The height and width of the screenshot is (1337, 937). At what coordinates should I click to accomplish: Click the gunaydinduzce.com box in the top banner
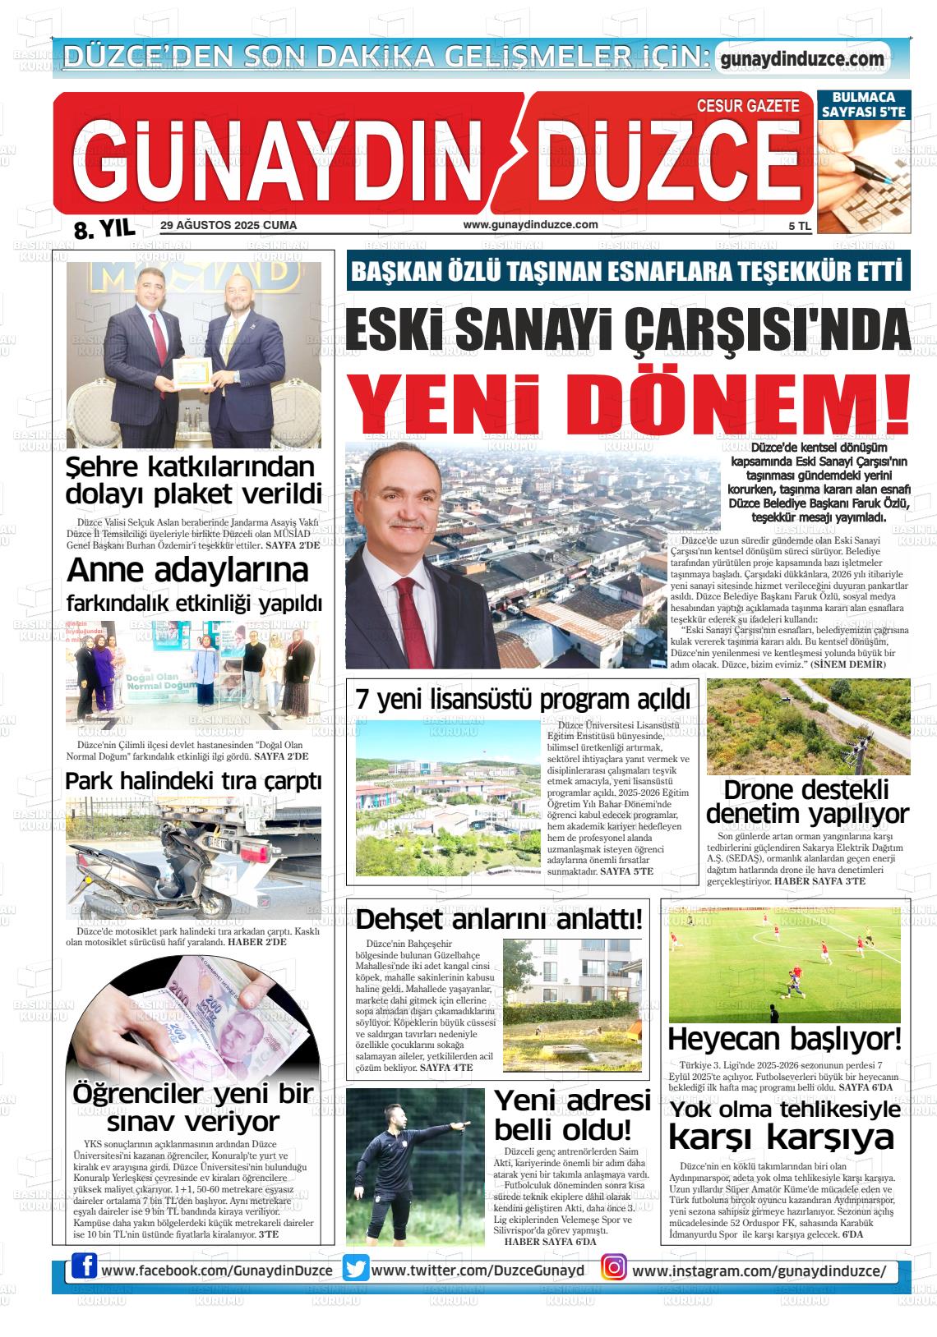click(801, 58)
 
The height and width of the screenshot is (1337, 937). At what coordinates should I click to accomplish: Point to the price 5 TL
click(799, 227)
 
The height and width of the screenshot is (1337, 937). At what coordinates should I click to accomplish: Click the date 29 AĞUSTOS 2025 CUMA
click(228, 225)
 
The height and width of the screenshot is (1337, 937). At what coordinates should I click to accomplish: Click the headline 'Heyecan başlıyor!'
click(784, 1039)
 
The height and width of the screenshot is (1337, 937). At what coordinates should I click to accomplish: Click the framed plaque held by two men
click(192, 374)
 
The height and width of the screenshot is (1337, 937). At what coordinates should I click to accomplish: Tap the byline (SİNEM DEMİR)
click(848, 664)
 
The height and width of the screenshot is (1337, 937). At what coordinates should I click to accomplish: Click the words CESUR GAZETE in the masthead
click(747, 106)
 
